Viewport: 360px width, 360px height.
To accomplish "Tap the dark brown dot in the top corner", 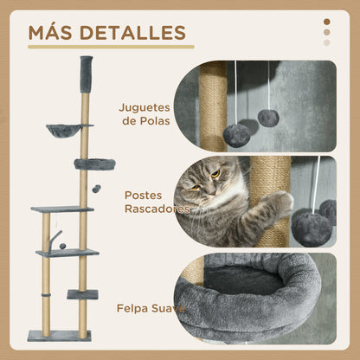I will [x=326, y=22].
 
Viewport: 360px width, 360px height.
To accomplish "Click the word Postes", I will [x=143, y=196].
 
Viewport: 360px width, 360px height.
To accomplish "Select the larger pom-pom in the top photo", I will [x=236, y=135].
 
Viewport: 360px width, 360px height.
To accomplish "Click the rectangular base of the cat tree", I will [x=59, y=336].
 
